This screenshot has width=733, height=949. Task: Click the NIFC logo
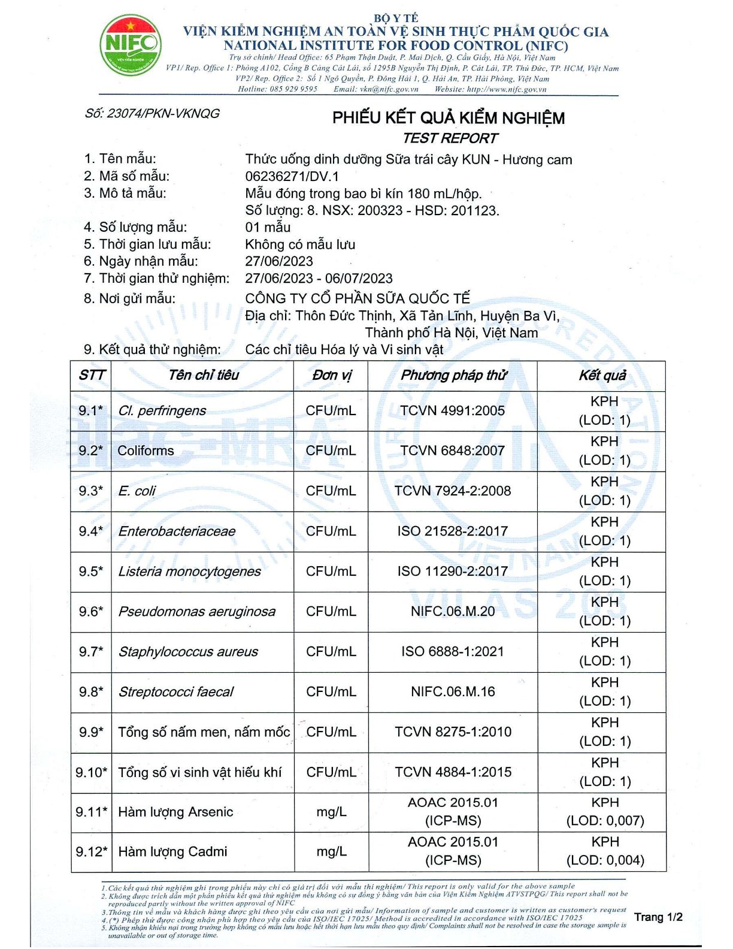130,45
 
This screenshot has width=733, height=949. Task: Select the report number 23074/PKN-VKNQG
152,113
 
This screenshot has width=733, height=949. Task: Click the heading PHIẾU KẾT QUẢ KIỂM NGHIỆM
449,117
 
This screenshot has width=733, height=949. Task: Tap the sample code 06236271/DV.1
292,176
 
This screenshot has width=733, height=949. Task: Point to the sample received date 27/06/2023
279,261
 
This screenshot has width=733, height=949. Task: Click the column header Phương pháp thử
453,376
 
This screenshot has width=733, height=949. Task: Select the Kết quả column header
602,376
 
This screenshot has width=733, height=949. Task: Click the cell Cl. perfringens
162,411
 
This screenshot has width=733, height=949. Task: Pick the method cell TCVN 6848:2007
452,451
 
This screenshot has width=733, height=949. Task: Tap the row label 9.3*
90,491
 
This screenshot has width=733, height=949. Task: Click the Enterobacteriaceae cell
177,531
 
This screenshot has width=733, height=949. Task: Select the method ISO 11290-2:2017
452,572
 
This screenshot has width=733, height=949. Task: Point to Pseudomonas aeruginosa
196,612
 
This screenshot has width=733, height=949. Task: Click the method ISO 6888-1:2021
452,652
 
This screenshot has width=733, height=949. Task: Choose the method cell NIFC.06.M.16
453,692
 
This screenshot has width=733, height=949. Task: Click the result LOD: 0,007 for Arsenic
605,821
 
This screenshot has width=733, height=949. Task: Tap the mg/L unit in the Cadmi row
331,852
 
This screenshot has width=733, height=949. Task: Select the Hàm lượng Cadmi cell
172,852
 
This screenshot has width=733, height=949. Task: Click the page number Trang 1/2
658,917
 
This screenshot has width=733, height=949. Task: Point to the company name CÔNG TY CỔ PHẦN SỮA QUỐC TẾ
358,298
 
